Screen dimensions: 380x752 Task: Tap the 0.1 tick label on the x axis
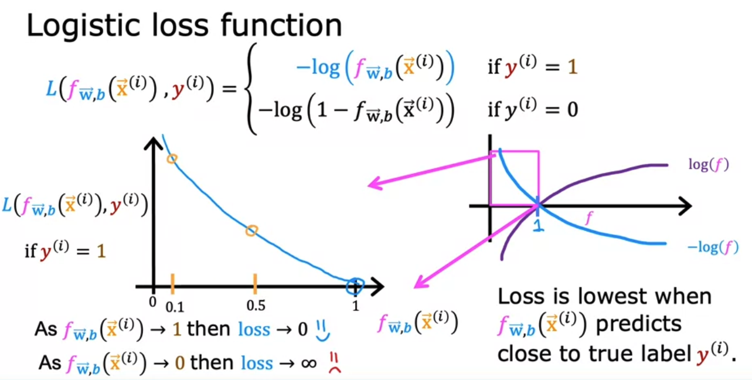[x=173, y=306]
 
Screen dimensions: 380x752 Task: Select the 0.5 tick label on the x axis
[x=256, y=306]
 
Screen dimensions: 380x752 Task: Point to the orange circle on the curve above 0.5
[x=251, y=230]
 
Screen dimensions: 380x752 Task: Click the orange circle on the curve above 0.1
[x=171, y=158]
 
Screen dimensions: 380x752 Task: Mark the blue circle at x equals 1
[x=355, y=286]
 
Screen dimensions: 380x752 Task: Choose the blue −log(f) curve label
[x=712, y=247]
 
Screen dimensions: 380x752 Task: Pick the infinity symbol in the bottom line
[x=300, y=364]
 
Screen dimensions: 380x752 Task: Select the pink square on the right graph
[x=514, y=178]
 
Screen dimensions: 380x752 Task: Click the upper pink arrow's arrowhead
[x=374, y=185]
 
